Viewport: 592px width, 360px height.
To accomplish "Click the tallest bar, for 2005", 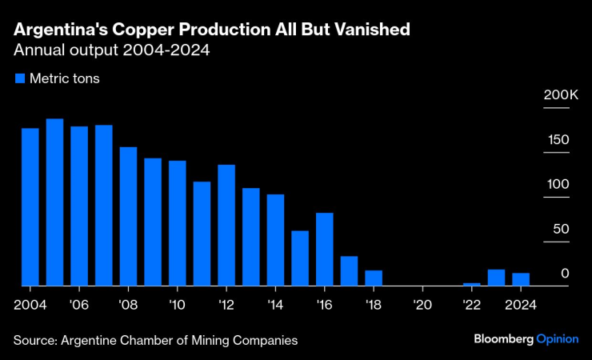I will click(54, 202).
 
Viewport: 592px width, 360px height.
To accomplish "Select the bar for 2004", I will click(30, 207).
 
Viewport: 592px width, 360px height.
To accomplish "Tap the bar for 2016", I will click(324, 250).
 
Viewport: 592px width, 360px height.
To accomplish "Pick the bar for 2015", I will click(300, 258).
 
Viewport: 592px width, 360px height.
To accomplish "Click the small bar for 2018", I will click(374, 278).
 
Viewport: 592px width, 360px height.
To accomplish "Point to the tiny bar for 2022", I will click(472, 284).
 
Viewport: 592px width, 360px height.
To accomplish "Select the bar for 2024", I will click(521, 279).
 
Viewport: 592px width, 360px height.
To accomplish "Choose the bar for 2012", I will click(226, 226).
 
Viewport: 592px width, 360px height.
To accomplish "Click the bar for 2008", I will click(128, 217).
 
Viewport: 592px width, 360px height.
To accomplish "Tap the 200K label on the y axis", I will click(561, 95).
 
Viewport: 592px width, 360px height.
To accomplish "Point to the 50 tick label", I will click(561, 230).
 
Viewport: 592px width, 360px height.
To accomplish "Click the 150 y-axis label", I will click(558, 140).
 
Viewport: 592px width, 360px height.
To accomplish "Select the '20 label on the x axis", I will click(423, 304).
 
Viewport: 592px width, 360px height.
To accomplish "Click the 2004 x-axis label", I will click(30, 304).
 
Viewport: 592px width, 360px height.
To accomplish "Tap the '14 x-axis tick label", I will click(275, 304).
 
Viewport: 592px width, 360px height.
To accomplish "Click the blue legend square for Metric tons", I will click(19, 78).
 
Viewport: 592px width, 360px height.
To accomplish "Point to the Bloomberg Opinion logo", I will click(526, 339).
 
